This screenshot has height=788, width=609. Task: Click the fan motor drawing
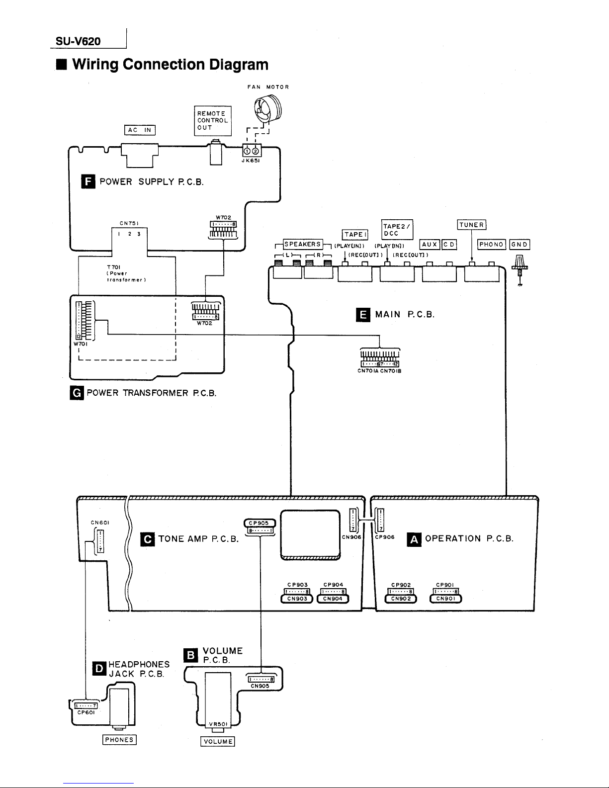coord(266,110)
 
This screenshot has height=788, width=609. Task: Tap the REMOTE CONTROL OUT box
coord(213,120)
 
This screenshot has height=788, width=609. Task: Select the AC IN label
coord(140,130)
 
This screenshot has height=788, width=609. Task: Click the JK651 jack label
coord(251,161)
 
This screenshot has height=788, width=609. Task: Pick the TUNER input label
coord(471,224)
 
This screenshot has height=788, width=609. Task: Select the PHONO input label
coord(492,244)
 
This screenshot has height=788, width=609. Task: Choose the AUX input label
coord(429,244)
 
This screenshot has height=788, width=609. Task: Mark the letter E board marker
coord(363,315)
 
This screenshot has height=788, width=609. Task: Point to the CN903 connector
coord(297,599)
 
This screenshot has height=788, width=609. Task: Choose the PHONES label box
coord(119,739)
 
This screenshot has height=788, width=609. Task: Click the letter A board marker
coord(414,539)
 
